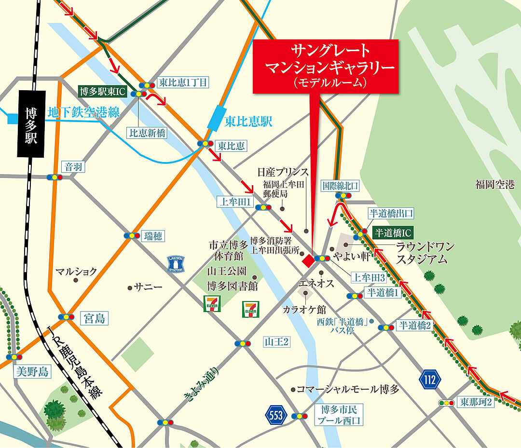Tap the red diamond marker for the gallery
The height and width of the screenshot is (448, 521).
307,260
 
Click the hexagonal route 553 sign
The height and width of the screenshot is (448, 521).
275,416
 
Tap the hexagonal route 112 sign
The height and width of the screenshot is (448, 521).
430,379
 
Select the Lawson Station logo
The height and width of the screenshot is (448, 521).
176,264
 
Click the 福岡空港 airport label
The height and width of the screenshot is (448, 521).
494,184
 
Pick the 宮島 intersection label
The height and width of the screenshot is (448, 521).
94,318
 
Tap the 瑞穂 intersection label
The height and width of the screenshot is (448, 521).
153,236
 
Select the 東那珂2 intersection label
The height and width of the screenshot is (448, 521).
476,401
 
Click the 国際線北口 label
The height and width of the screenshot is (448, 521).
342,185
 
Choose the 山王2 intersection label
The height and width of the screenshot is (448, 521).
276,342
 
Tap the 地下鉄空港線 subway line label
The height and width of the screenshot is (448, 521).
83,112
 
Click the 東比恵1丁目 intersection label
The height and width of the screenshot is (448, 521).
183,82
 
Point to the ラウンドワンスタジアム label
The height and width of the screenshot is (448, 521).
424,253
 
